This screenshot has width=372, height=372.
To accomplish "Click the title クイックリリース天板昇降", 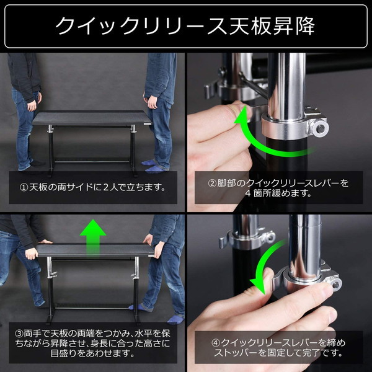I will tap(185, 25).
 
